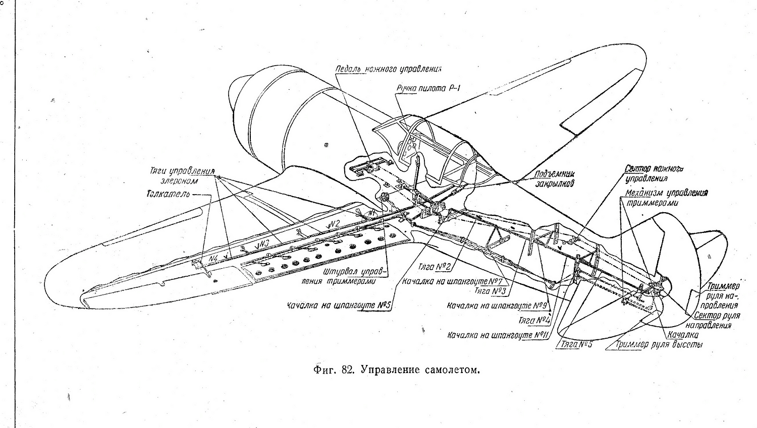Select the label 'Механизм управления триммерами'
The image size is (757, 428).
666,198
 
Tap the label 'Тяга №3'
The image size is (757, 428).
492,291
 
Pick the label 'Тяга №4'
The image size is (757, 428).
534,320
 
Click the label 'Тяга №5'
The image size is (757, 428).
576,345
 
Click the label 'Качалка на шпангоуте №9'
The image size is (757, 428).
497,306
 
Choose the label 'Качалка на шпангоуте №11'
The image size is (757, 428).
498,335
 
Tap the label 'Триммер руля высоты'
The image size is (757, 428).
659,345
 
